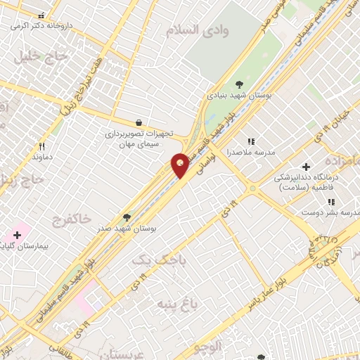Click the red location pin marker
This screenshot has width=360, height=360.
[181, 165]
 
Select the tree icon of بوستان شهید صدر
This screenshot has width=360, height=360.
[127, 217]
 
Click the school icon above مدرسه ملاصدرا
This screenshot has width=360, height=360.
[250, 141]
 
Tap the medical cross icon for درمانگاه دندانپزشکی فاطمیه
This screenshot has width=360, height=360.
[305, 166]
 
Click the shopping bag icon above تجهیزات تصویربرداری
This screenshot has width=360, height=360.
[139, 122]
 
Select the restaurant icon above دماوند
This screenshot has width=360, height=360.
[42, 146]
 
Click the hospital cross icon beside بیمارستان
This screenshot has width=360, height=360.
[17, 234]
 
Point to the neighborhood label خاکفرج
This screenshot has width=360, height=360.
[71, 220]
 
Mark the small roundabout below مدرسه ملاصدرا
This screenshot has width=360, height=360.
[252, 188]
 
